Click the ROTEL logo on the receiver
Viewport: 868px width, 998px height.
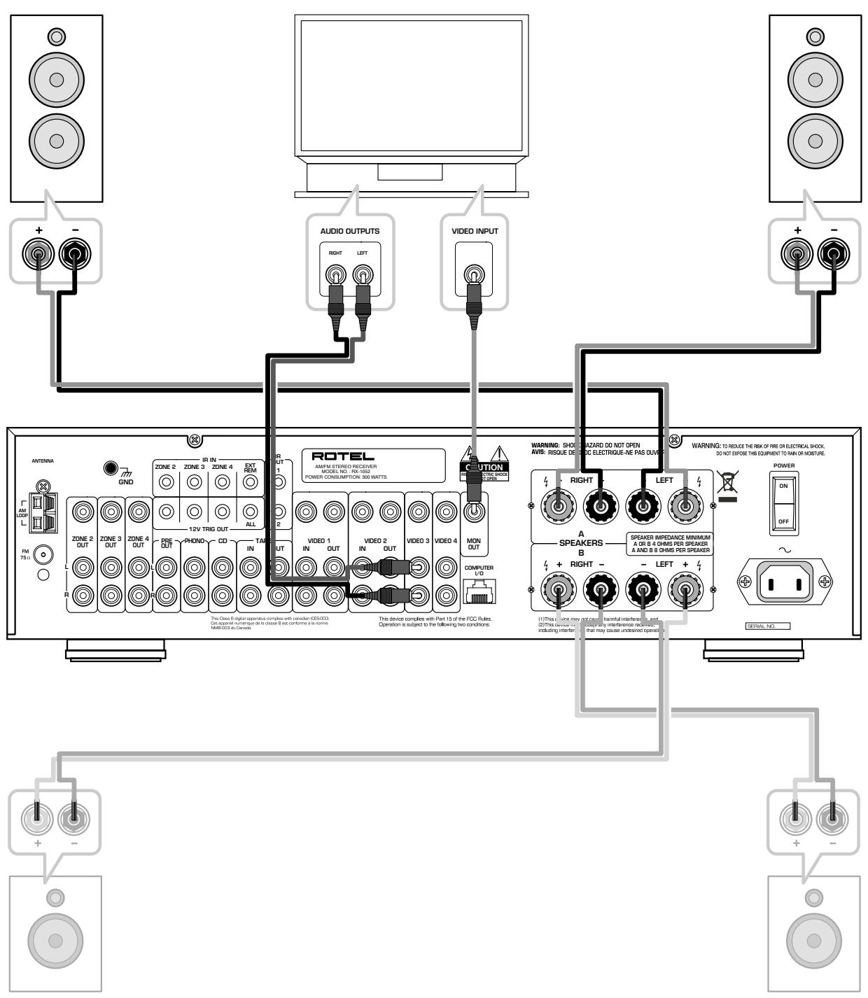(343, 456)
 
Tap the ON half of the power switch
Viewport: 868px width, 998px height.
(783, 486)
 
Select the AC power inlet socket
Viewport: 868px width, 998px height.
(785, 581)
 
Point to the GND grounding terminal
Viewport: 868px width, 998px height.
(110, 468)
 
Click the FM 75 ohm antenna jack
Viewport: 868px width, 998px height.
(44, 556)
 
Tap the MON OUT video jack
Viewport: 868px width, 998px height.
(474, 512)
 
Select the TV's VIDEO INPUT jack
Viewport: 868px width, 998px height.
(474, 273)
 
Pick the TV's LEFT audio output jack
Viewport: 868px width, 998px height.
(362, 273)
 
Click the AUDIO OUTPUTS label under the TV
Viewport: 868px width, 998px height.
(350, 231)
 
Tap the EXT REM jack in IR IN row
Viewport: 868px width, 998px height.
(250, 482)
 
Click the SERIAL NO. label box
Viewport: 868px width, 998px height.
(767, 626)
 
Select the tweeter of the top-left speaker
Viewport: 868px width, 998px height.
(56, 35)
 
